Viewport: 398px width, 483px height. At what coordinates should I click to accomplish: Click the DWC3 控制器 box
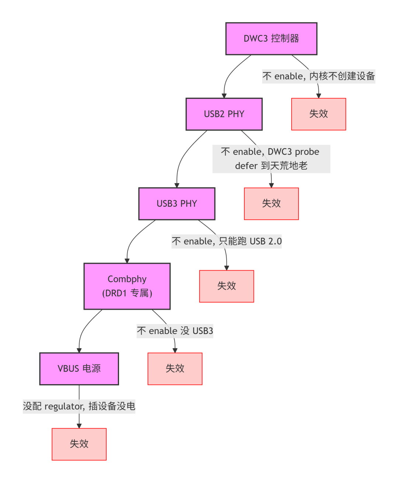271,39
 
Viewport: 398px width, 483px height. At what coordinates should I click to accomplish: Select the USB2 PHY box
224,114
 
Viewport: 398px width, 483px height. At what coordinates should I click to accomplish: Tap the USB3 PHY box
177,204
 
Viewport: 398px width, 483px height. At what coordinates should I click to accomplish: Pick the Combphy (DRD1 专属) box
127,286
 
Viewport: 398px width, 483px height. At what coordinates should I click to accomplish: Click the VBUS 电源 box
79,369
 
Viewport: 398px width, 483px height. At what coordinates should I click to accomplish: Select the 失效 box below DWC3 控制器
318,114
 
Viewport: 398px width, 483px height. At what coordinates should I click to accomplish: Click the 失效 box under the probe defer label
271,204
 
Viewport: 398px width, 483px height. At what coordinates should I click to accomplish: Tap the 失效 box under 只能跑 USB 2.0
226,286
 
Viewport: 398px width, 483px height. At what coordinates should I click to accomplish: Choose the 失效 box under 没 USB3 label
175,369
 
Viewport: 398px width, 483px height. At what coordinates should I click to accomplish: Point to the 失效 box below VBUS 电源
79,444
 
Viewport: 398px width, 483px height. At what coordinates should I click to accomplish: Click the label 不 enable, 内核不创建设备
318,76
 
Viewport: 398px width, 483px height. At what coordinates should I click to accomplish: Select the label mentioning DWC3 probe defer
271,159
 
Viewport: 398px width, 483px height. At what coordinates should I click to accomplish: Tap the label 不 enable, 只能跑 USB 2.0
226,241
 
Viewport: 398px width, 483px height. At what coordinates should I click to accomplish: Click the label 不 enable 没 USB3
175,331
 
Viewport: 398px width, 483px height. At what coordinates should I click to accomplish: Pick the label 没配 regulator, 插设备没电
79,406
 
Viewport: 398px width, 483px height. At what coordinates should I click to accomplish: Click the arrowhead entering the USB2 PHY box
224,96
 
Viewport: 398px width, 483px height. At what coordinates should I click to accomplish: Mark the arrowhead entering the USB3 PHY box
177,185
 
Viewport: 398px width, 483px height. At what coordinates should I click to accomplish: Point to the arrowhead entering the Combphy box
127,261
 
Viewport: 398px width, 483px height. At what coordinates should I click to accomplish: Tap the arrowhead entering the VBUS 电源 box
79,351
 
